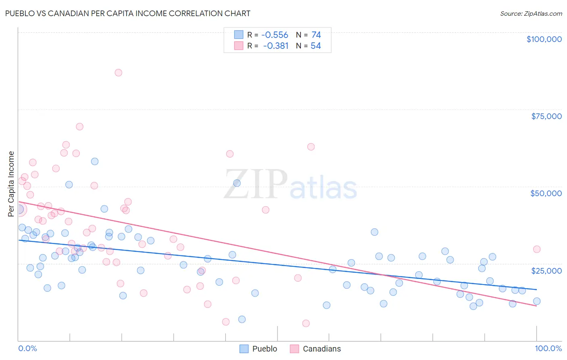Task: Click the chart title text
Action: (127, 13)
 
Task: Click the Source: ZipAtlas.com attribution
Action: (531, 13)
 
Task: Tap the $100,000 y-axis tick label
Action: (544, 39)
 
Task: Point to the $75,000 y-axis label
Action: (546, 116)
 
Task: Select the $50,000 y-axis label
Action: (546, 193)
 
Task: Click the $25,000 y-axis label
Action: (546, 270)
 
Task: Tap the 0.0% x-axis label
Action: (27, 348)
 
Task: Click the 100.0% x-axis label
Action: (548, 348)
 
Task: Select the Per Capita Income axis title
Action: (11, 184)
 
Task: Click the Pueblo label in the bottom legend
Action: (265, 349)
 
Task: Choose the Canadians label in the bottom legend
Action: (321, 349)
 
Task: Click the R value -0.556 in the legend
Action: (275, 35)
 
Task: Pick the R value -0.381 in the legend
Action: (275, 46)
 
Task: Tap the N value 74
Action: (316, 35)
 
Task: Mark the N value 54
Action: (316, 46)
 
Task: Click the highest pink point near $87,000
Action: (118, 73)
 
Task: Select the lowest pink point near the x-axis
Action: (306, 323)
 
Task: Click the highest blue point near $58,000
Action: (95, 161)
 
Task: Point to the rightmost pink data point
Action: (536, 249)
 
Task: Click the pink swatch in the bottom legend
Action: (294, 349)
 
